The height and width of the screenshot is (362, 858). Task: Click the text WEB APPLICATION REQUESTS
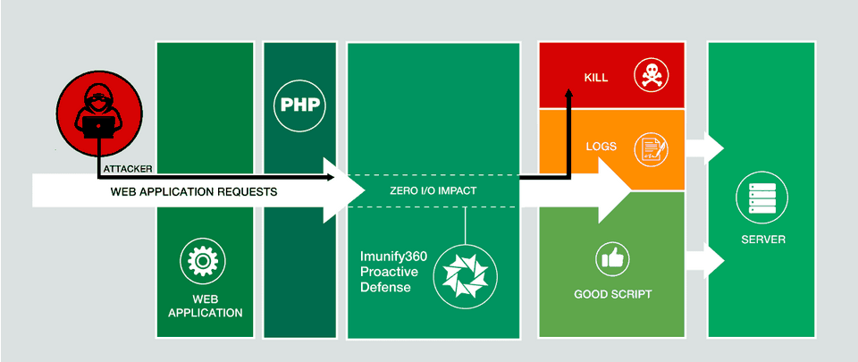[x=194, y=191]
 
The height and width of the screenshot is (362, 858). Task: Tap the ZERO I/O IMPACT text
[x=432, y=191]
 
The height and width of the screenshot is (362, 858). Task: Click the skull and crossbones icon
[x=649, y=76]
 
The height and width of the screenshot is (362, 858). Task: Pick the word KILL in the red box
[x=596, y=78]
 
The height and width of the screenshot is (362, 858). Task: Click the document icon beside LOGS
[x=650, y=147]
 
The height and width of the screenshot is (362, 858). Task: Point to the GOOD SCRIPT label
[x=612, y=294]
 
